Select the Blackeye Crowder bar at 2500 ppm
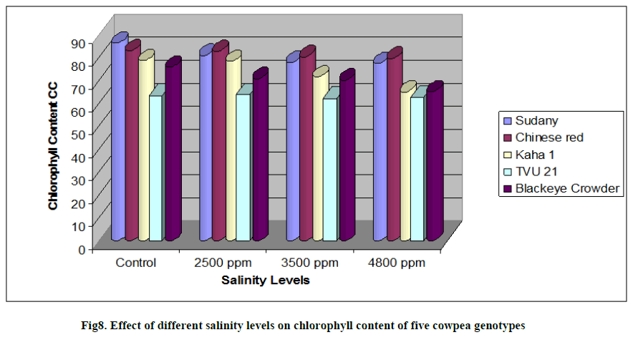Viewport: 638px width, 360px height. point(259,157)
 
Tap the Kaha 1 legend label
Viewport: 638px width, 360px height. point(534,154)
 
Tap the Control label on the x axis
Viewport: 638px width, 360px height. point(136,263)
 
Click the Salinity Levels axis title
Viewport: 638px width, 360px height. point(266,281)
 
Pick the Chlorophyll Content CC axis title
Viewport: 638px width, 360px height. point(53,145)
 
